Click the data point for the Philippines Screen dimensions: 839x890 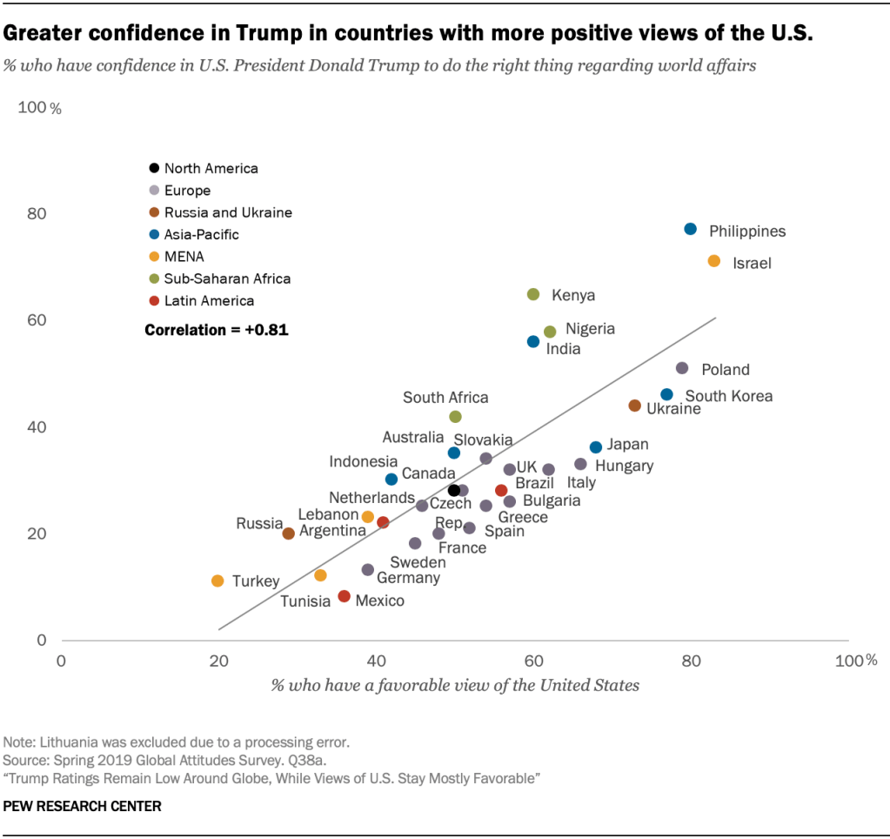pos(690,229)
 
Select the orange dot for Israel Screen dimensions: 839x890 pos(714,261)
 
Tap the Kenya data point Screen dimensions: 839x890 pos(533,294)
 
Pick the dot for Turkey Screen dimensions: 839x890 pos(217,581)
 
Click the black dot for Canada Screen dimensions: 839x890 pos(454,490)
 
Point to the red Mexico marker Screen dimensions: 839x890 pos(344,596)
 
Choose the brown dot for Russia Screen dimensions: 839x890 pos(289,534)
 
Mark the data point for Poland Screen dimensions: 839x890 pos(682,368)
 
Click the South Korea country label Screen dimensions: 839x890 pos(729,396)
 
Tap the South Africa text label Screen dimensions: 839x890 pos(445,398)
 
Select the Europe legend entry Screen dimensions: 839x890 pos(187,191)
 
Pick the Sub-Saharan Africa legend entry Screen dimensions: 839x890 pos(227,279)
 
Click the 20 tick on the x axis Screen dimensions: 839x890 pos(218,661)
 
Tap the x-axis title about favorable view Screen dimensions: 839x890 pos(455,685)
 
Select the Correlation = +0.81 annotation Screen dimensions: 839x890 pos(217,330)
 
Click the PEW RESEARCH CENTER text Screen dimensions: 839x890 pos(83,806)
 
